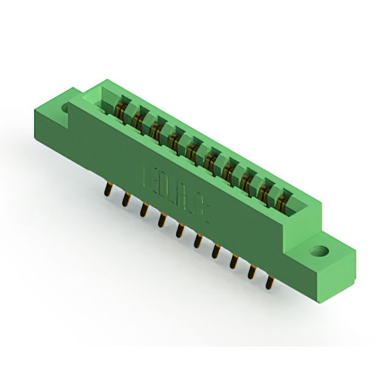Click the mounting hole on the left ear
click(x=66, y=108)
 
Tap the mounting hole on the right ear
click(x=318, y=250)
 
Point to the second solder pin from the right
click(x=252, y=272)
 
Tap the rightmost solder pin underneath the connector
click(x=269, y=282)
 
